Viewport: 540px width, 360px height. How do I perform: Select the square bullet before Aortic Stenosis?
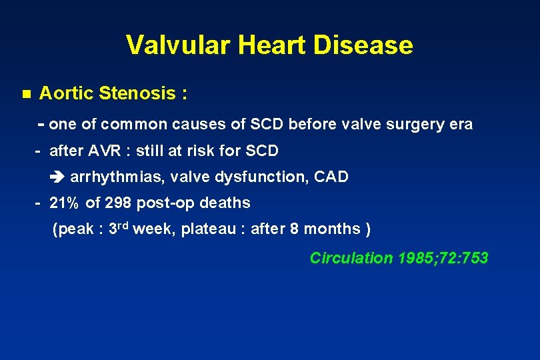tap(26, 93)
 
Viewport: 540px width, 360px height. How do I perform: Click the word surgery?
tap(401, 125)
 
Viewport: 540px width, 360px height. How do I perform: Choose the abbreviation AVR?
tap(113, 151)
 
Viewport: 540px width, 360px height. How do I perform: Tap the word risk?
tap(205, 151)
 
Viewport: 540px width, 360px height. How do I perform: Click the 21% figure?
tap(64, 203)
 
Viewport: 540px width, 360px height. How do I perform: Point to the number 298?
tap(118, 203)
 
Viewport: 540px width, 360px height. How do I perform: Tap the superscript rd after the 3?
tap(124, 226)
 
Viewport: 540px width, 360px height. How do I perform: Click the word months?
tap(331, 229)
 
